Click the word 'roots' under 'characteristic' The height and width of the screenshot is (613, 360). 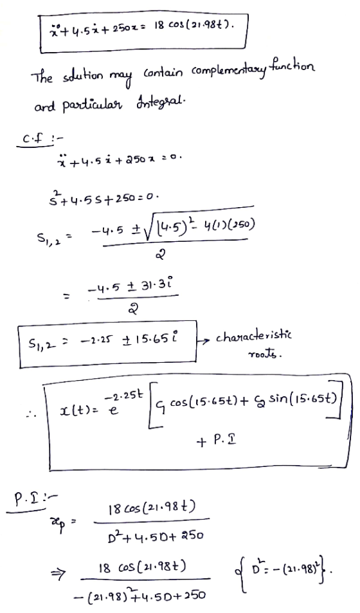[265, 354]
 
